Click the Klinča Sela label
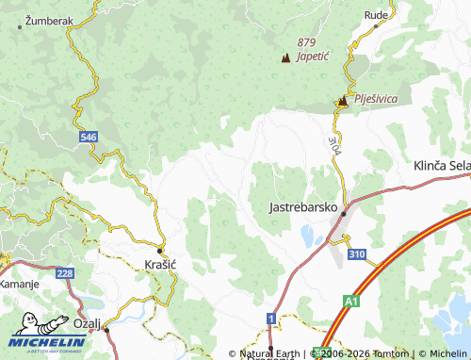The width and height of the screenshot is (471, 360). (x=441, y=165)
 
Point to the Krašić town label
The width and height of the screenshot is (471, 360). (x=161, y=266)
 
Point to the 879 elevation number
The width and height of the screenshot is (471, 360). (x=306, y=42)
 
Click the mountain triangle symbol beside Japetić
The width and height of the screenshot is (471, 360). (x=285, y=57)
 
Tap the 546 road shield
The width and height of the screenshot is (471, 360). (x=88, y=138)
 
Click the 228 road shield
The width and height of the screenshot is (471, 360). (x=64, y=273)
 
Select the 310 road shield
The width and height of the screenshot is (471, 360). (x=356, y=254)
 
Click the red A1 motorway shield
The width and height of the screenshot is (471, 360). (x=350, y=302)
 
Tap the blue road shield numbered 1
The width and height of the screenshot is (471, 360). (x=271, y=319)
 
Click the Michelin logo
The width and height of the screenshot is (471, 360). (x=47, y=334)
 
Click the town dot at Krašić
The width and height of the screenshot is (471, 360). (x=161, y=250)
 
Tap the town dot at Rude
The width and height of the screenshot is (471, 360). (x=376, y=27)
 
